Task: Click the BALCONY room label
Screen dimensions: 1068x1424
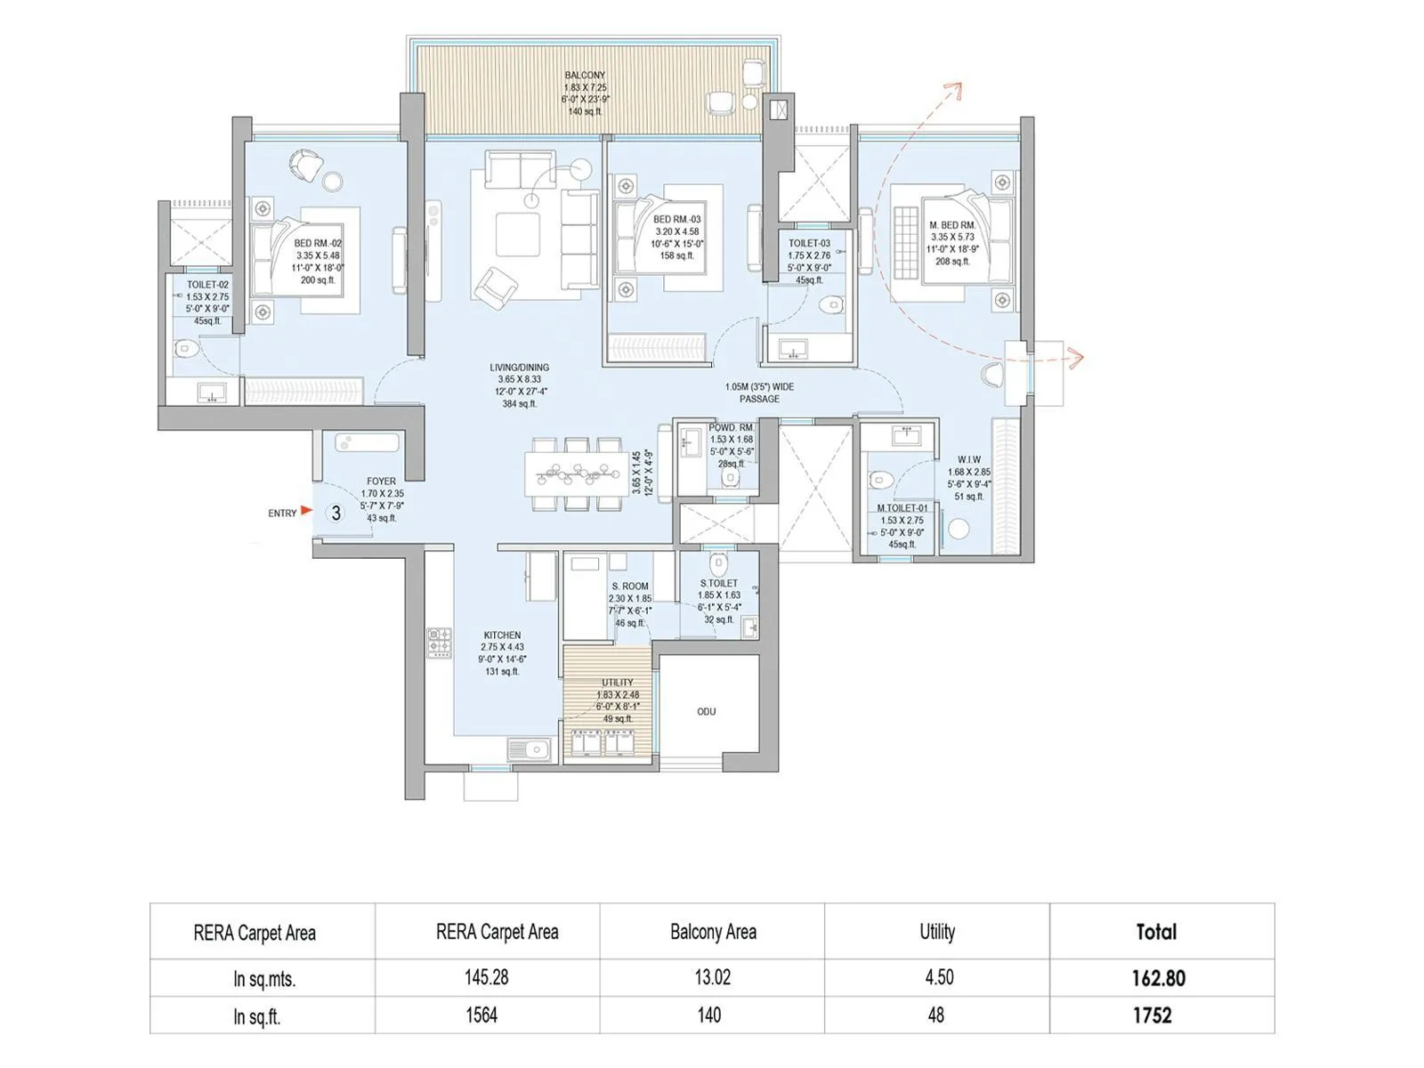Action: [x=585, y=76]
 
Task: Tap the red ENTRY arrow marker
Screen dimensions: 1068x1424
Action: [x=306, y=511]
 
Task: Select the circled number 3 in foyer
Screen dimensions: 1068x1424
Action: [x=336, y=513]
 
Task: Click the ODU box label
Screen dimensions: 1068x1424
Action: [x=706, y=711]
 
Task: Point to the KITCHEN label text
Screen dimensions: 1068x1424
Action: [x=502, y=635]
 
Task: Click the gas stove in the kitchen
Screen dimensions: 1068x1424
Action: [x=440, y=643]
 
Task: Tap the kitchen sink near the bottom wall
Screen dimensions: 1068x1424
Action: [x=530, y=750]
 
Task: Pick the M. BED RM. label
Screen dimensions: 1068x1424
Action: [x=952, y=225]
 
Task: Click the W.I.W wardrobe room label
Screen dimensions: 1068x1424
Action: [x=969, y=460]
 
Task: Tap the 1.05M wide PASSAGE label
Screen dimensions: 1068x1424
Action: [x=759, y=392]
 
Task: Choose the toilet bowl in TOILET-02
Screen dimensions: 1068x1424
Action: [x=185, y=347]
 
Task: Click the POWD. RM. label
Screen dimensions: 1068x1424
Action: [x=731, y=427]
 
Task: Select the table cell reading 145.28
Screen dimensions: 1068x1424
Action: [x=487, y=977]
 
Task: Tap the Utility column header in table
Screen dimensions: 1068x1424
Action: [x=936, y=932]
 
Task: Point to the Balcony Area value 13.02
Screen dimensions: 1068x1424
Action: [x=712, y=977]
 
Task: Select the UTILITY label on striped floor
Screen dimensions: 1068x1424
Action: [x=617, y=683]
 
